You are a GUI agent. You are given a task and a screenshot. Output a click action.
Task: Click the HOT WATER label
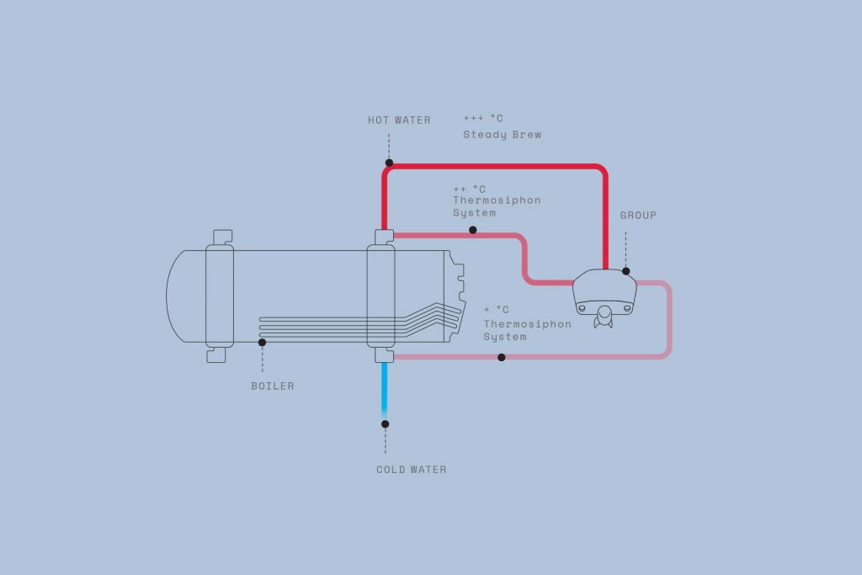(399, 120)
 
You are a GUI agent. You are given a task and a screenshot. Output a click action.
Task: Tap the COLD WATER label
(411, 470)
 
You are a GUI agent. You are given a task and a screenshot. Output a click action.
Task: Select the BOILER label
(273, 386)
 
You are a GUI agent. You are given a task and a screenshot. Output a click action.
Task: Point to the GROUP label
(638, 215)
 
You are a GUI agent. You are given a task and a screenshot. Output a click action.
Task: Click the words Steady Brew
(502, 135)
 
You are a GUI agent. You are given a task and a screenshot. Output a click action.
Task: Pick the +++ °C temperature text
(483, 118)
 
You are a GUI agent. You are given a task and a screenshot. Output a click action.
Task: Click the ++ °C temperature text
(469, 189)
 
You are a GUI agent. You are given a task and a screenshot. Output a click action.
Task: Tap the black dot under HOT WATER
(389, 162)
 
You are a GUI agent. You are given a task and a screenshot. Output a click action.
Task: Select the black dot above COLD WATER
(386, 423)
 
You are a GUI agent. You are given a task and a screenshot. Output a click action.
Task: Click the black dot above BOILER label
(263, 343)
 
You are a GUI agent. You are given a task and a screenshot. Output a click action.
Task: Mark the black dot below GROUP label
(626, 271)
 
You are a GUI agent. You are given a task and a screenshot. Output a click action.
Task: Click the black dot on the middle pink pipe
(473, 230)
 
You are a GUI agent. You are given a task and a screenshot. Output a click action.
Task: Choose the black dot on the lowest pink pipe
(502, 357)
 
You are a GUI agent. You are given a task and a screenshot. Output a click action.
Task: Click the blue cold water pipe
(384, 391)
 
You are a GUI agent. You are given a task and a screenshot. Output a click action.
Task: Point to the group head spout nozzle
(604, 317)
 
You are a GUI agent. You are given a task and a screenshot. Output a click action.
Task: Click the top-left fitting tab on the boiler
(222, 237)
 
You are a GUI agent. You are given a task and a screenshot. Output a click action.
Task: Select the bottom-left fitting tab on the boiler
(216, 355)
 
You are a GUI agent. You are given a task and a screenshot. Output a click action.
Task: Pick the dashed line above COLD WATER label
(386, 441)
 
